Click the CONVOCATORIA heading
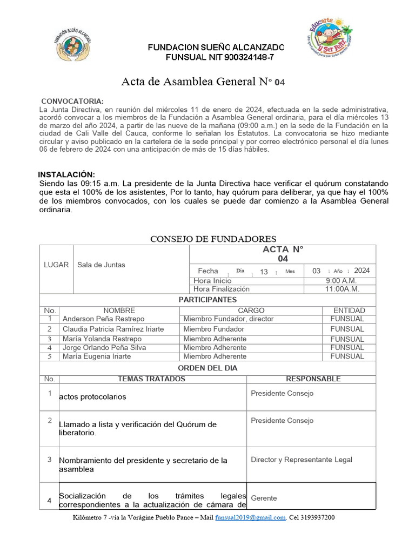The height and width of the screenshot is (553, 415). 72,102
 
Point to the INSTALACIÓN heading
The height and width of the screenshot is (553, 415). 66,174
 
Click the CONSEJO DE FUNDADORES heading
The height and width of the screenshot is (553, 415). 213,239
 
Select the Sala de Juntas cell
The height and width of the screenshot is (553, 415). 102,265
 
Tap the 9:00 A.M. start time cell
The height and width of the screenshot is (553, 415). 340,281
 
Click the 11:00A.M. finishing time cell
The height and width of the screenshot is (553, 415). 342,289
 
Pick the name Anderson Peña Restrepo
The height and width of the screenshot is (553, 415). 104,319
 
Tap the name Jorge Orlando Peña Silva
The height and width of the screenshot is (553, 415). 104,348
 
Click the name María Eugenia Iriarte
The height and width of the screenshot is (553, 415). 97,356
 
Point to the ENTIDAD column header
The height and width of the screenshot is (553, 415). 349,311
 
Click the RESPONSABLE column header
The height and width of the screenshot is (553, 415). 313,379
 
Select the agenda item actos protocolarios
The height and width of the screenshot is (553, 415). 92,397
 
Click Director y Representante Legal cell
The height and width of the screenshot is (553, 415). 301,460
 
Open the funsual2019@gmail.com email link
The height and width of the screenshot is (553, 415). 250,517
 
